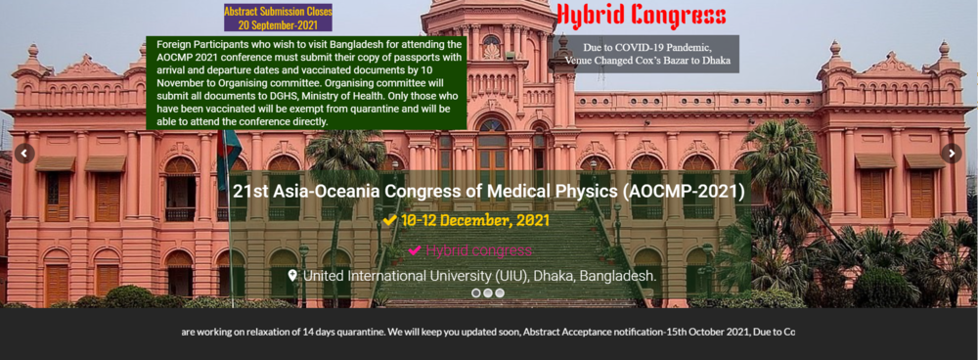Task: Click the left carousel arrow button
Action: [x=24, y=154]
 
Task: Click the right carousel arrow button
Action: [x=952, y=154]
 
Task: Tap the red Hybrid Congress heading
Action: [x=642, y=16]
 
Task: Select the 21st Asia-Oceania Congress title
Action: [x=488, y=190]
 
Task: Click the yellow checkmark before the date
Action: [x=389, y=221]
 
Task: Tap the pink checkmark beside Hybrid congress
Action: [x=415, y=250]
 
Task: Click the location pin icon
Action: [x=292, y=276]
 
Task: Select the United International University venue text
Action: [x=479, y=276]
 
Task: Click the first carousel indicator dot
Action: [x=476, y=292]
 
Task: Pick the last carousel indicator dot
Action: [x=500, y=292]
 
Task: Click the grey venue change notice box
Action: [x=645, y=54]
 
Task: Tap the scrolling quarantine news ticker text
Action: [x=488, y=332]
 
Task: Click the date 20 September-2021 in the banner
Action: [x=278, y=24]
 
